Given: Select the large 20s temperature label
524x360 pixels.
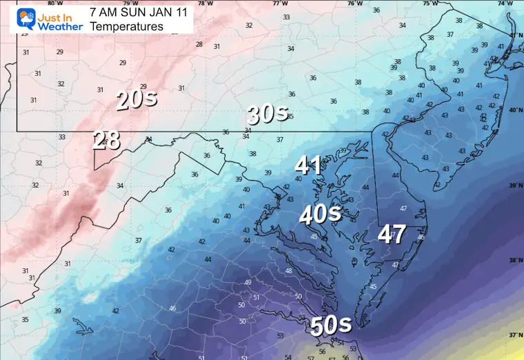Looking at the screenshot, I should point(136,100).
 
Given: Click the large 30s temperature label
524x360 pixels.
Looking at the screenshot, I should point(268,114).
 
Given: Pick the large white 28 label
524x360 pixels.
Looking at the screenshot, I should point(107,139).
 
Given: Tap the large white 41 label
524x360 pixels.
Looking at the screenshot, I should point(308,166).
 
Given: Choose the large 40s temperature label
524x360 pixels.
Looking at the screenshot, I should point(320,214).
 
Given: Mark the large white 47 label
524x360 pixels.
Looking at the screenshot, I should point(391,234).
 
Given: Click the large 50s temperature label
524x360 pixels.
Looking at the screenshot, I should point(332,325).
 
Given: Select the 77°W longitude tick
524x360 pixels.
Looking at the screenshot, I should point(279,3).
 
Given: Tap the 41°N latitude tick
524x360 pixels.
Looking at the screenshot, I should point(514,35).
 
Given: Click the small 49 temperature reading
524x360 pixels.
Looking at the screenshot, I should point(248,283).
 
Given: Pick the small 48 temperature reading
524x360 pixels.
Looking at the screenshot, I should point(288,270).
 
